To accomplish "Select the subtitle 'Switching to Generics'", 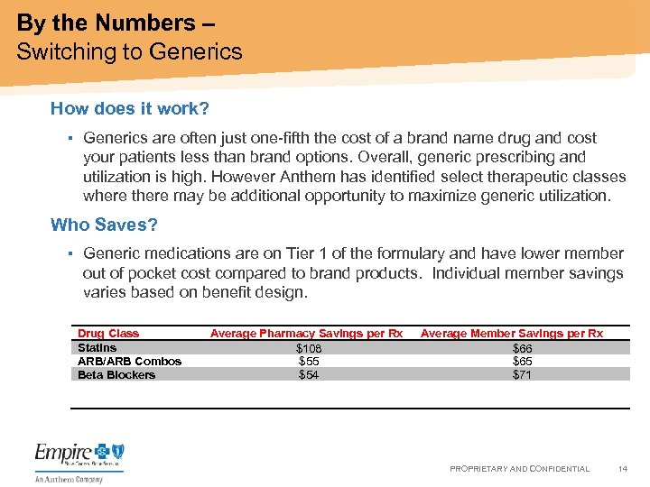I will click(x=129, y=51).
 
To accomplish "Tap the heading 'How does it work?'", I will click(x=130, y=109).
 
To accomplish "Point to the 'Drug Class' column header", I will click(x=108, y=334).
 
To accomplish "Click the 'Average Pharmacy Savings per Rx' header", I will click(x=306, y=334).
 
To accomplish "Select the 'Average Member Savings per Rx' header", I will click(x=511, y=334).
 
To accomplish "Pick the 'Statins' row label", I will click(x=97, y=347).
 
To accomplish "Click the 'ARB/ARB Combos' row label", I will click(x=129, y=361).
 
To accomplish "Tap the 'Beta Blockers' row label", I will click(x=116, y=374).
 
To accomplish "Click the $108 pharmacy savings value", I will click(x=309, y=348).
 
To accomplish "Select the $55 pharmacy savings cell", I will click(x=309, y=361).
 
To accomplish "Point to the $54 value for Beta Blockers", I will click(x=309, y=374).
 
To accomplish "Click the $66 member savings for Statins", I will click(x=522, y=348).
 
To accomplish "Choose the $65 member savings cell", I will click(x=522, y=361).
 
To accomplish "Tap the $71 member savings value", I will click(x=522, y=374).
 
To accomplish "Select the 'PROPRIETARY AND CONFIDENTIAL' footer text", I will click(x=519, y=469).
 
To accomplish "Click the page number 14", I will click(x=622, y=469).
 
